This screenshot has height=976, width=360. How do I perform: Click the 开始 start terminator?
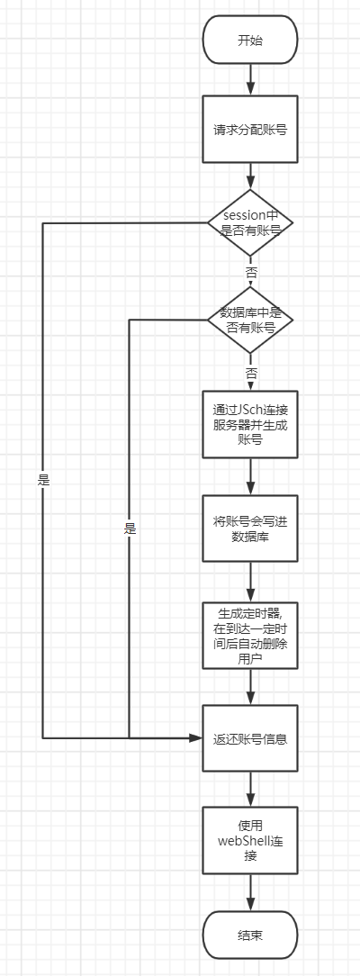[250, 41]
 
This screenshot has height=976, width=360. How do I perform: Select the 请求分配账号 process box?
[250, 128]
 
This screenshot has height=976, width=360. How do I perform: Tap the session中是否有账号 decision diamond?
[250, 223]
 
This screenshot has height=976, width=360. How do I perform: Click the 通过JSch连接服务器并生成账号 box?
[250, 423]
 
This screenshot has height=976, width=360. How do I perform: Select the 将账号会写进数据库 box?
[250, 529]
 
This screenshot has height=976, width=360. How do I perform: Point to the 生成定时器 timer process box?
[250, 635]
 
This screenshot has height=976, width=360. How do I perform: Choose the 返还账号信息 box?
[250, 739]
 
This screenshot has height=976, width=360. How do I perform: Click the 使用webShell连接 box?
[250, 841]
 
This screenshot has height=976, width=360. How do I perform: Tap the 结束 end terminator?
[250, 935]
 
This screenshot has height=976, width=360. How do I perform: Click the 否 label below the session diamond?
[250, 270]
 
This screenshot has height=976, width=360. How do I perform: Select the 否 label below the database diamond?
[250, 372]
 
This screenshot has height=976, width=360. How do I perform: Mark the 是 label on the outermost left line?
[43, 480]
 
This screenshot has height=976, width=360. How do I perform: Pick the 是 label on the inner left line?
[130, 529]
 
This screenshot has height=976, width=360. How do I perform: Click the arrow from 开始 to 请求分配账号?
[250, 79]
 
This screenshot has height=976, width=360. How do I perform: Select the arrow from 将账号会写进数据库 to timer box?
[250, 583]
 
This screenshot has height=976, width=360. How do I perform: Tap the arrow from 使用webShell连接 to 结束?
[250, 892]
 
